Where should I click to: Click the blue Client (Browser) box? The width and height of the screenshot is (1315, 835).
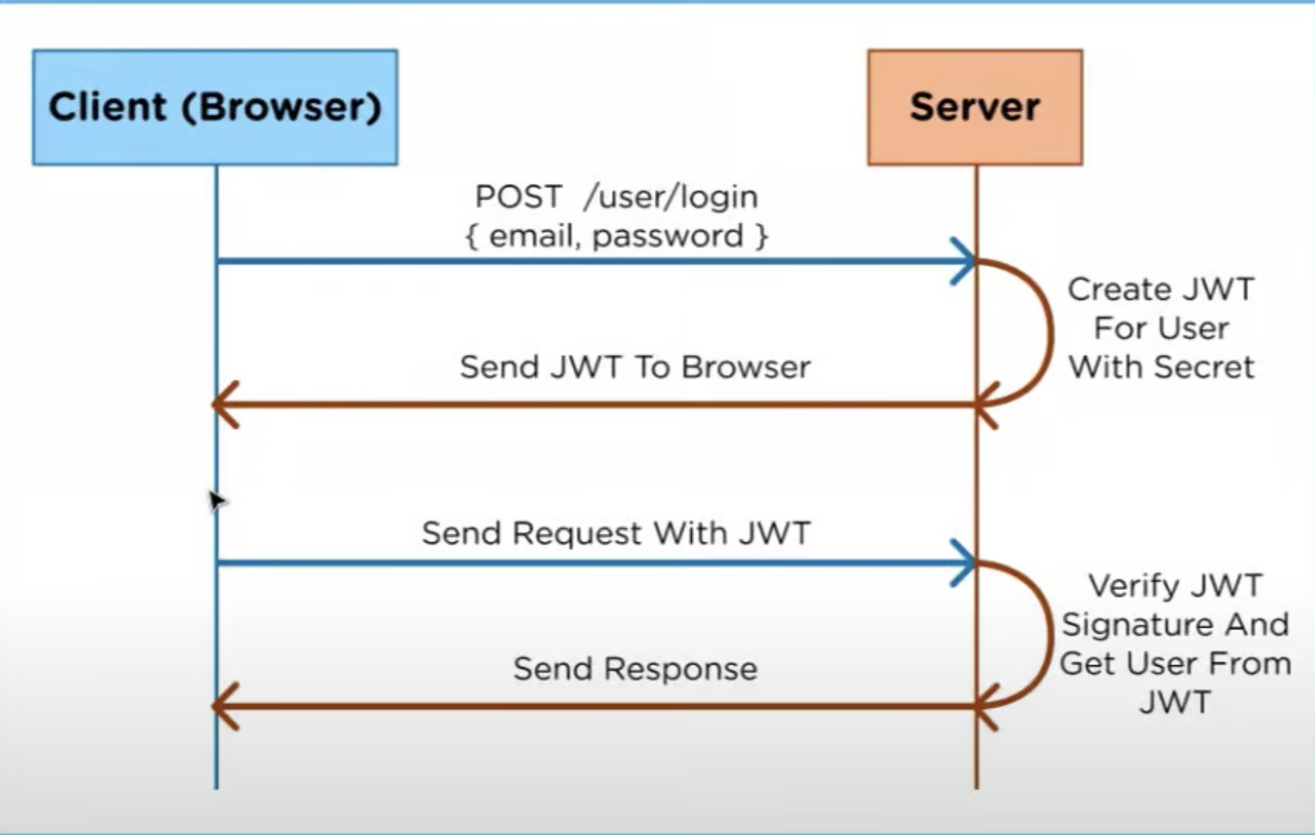click(x=214, y=107)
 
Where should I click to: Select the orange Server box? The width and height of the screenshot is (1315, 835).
click(x=975, y=107)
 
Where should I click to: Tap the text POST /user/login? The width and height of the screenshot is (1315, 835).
click(x=615, y=196)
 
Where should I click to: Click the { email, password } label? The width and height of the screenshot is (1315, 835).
click(x=615, y=236)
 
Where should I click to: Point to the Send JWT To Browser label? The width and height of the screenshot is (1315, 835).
click(x=635, y=367)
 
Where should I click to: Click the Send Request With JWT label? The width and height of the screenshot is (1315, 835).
click(x=615, y=533)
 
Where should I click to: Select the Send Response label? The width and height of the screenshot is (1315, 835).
click(x=635, y=669)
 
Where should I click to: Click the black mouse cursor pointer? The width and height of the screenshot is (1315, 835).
click(x=215, y=499)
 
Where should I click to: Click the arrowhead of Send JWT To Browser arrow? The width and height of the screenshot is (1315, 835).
click(x=223, y=405)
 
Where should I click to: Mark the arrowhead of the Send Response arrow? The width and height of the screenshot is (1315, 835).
click(x=223, y=706)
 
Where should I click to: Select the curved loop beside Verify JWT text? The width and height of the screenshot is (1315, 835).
click(x=1047, y=633)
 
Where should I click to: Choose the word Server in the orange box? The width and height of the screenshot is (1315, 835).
click(x=975, y=107)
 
